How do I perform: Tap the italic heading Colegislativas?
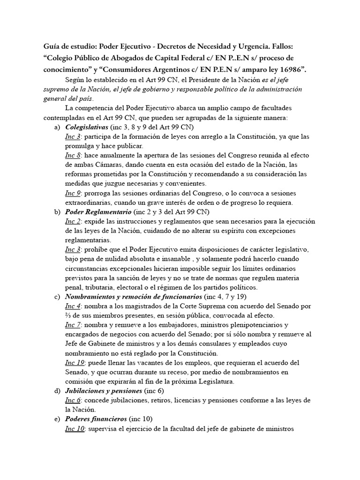[85, 127]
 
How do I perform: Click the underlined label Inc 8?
[73, 155]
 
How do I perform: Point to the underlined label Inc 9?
[73, 193]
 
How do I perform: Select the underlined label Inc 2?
[73, 221]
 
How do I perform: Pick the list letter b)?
[58, 211]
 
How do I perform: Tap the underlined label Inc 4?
[73, 306]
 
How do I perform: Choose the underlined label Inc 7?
[73, 325]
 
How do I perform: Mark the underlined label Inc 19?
[75, 362]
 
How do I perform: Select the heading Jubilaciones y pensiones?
[104, 390]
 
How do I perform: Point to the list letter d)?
[58, 390]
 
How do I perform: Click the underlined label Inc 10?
[75, 428]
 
